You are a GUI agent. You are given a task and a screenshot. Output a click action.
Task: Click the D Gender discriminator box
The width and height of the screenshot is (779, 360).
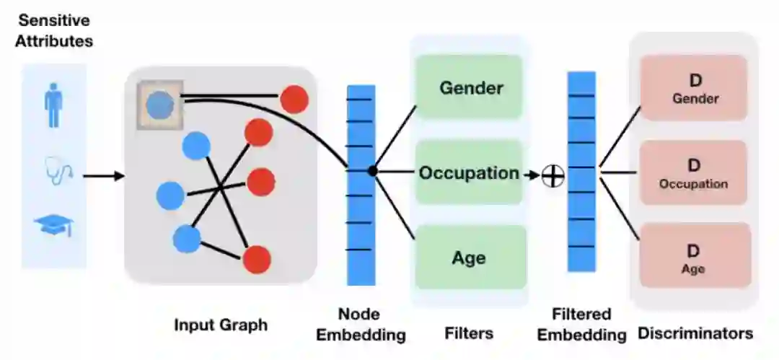pos(695,88)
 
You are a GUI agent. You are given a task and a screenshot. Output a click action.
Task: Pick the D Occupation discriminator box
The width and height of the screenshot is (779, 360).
pos(695,173)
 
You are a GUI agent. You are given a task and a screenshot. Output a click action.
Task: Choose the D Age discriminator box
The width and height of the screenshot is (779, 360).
pos(695,258)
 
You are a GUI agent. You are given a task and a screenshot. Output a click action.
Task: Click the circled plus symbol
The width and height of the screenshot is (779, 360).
pos(553,175)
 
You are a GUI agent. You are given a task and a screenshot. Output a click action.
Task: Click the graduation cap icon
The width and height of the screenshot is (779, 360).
pos(54,227)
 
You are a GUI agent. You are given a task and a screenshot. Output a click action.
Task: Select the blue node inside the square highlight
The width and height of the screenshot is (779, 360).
pos(159,105)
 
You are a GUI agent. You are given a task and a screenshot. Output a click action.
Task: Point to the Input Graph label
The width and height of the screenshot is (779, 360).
pos(221,325)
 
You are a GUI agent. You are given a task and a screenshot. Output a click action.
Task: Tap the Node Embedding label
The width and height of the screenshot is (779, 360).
pos(361,325)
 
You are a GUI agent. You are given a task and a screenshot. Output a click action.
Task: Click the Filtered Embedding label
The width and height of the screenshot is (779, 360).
pos(581,325)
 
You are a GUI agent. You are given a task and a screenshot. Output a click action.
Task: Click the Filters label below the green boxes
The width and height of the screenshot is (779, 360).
pos(469,333)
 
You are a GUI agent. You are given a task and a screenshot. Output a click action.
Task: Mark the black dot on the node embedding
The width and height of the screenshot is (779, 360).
pos(372,171)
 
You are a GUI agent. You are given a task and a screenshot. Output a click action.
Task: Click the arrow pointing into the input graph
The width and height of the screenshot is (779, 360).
pos(104,175)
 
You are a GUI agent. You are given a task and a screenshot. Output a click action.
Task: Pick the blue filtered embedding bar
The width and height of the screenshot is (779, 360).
pos(581,172)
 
